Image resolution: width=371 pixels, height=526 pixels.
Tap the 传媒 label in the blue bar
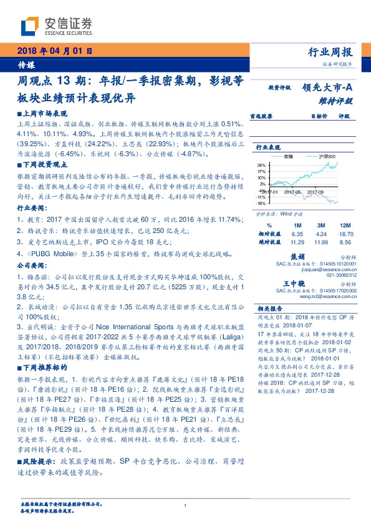pos(26,64)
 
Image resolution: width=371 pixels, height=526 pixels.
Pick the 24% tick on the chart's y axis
pos(261,164)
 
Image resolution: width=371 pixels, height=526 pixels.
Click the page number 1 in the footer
pos(185,505)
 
